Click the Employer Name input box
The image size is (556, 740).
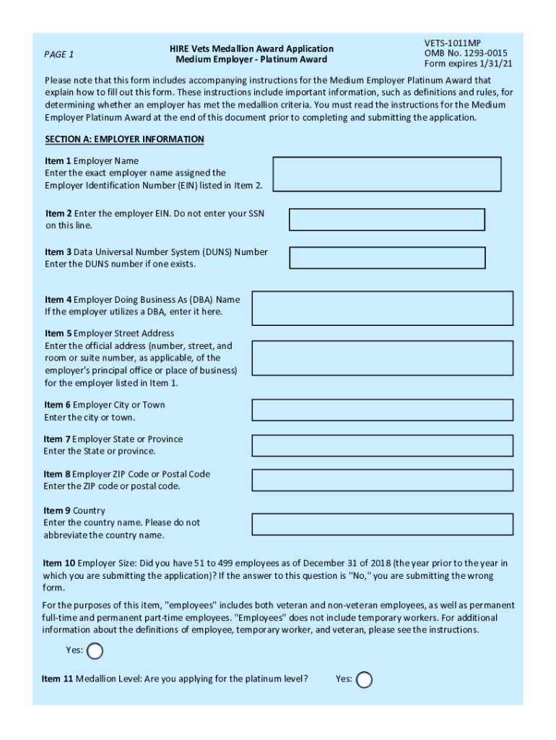coord(387,174)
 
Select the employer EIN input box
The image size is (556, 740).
coord(387,220)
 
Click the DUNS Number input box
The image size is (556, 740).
coord(387,258)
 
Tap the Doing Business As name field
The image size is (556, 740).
coord(383,309)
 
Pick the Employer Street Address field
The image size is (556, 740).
coord(383,358)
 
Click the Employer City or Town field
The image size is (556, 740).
coord(383,410)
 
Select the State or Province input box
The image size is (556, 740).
coord(383,446)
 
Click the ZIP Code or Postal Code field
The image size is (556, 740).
coord(383,481)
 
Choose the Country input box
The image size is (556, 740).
coord(383,525)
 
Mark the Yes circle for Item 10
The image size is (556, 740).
coord(95,652)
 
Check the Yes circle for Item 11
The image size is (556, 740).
coord(365,680)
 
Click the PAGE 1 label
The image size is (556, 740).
coord(59,54)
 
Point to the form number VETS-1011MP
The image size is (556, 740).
coord(453,43)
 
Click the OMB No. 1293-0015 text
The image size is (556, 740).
coord(466,53)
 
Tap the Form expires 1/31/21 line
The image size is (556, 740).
coord(469,64)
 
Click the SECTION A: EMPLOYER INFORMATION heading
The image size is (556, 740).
coord(124,139)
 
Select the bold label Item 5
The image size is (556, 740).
coord(58,334)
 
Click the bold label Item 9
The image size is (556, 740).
coord(57,511)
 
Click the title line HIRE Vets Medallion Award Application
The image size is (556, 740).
coord(251,49)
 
